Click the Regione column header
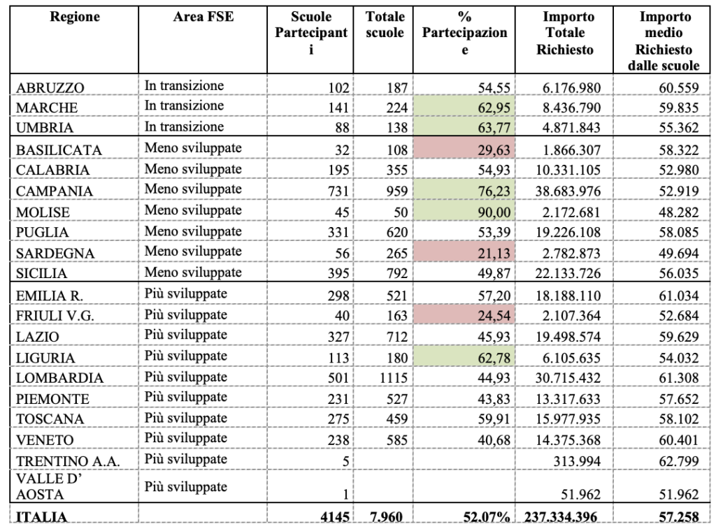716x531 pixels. tap(74, 17)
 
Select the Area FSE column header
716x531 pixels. tap(203, 17)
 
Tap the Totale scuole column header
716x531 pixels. tap(385, 24)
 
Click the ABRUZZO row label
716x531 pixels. tap(50, 87)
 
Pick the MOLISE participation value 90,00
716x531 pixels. tap(494, 212)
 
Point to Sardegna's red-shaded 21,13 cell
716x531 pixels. tap(464, 253)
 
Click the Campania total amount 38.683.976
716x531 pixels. tap(568, 191)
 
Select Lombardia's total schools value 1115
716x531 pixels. tap(393, 378)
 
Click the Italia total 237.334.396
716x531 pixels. tap(561, 517)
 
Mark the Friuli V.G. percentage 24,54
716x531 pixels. tap(494, 316)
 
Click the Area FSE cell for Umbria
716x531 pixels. tap(184, 126)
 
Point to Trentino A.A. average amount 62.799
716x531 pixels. tap(678, 461)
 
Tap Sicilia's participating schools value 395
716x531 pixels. tap(338, 273)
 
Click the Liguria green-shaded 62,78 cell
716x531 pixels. tap(464, 358)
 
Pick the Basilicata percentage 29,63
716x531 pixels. tap(494, 150)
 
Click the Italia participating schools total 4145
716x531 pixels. tap(335, 517)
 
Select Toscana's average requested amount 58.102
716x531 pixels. tap(678, 419)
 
